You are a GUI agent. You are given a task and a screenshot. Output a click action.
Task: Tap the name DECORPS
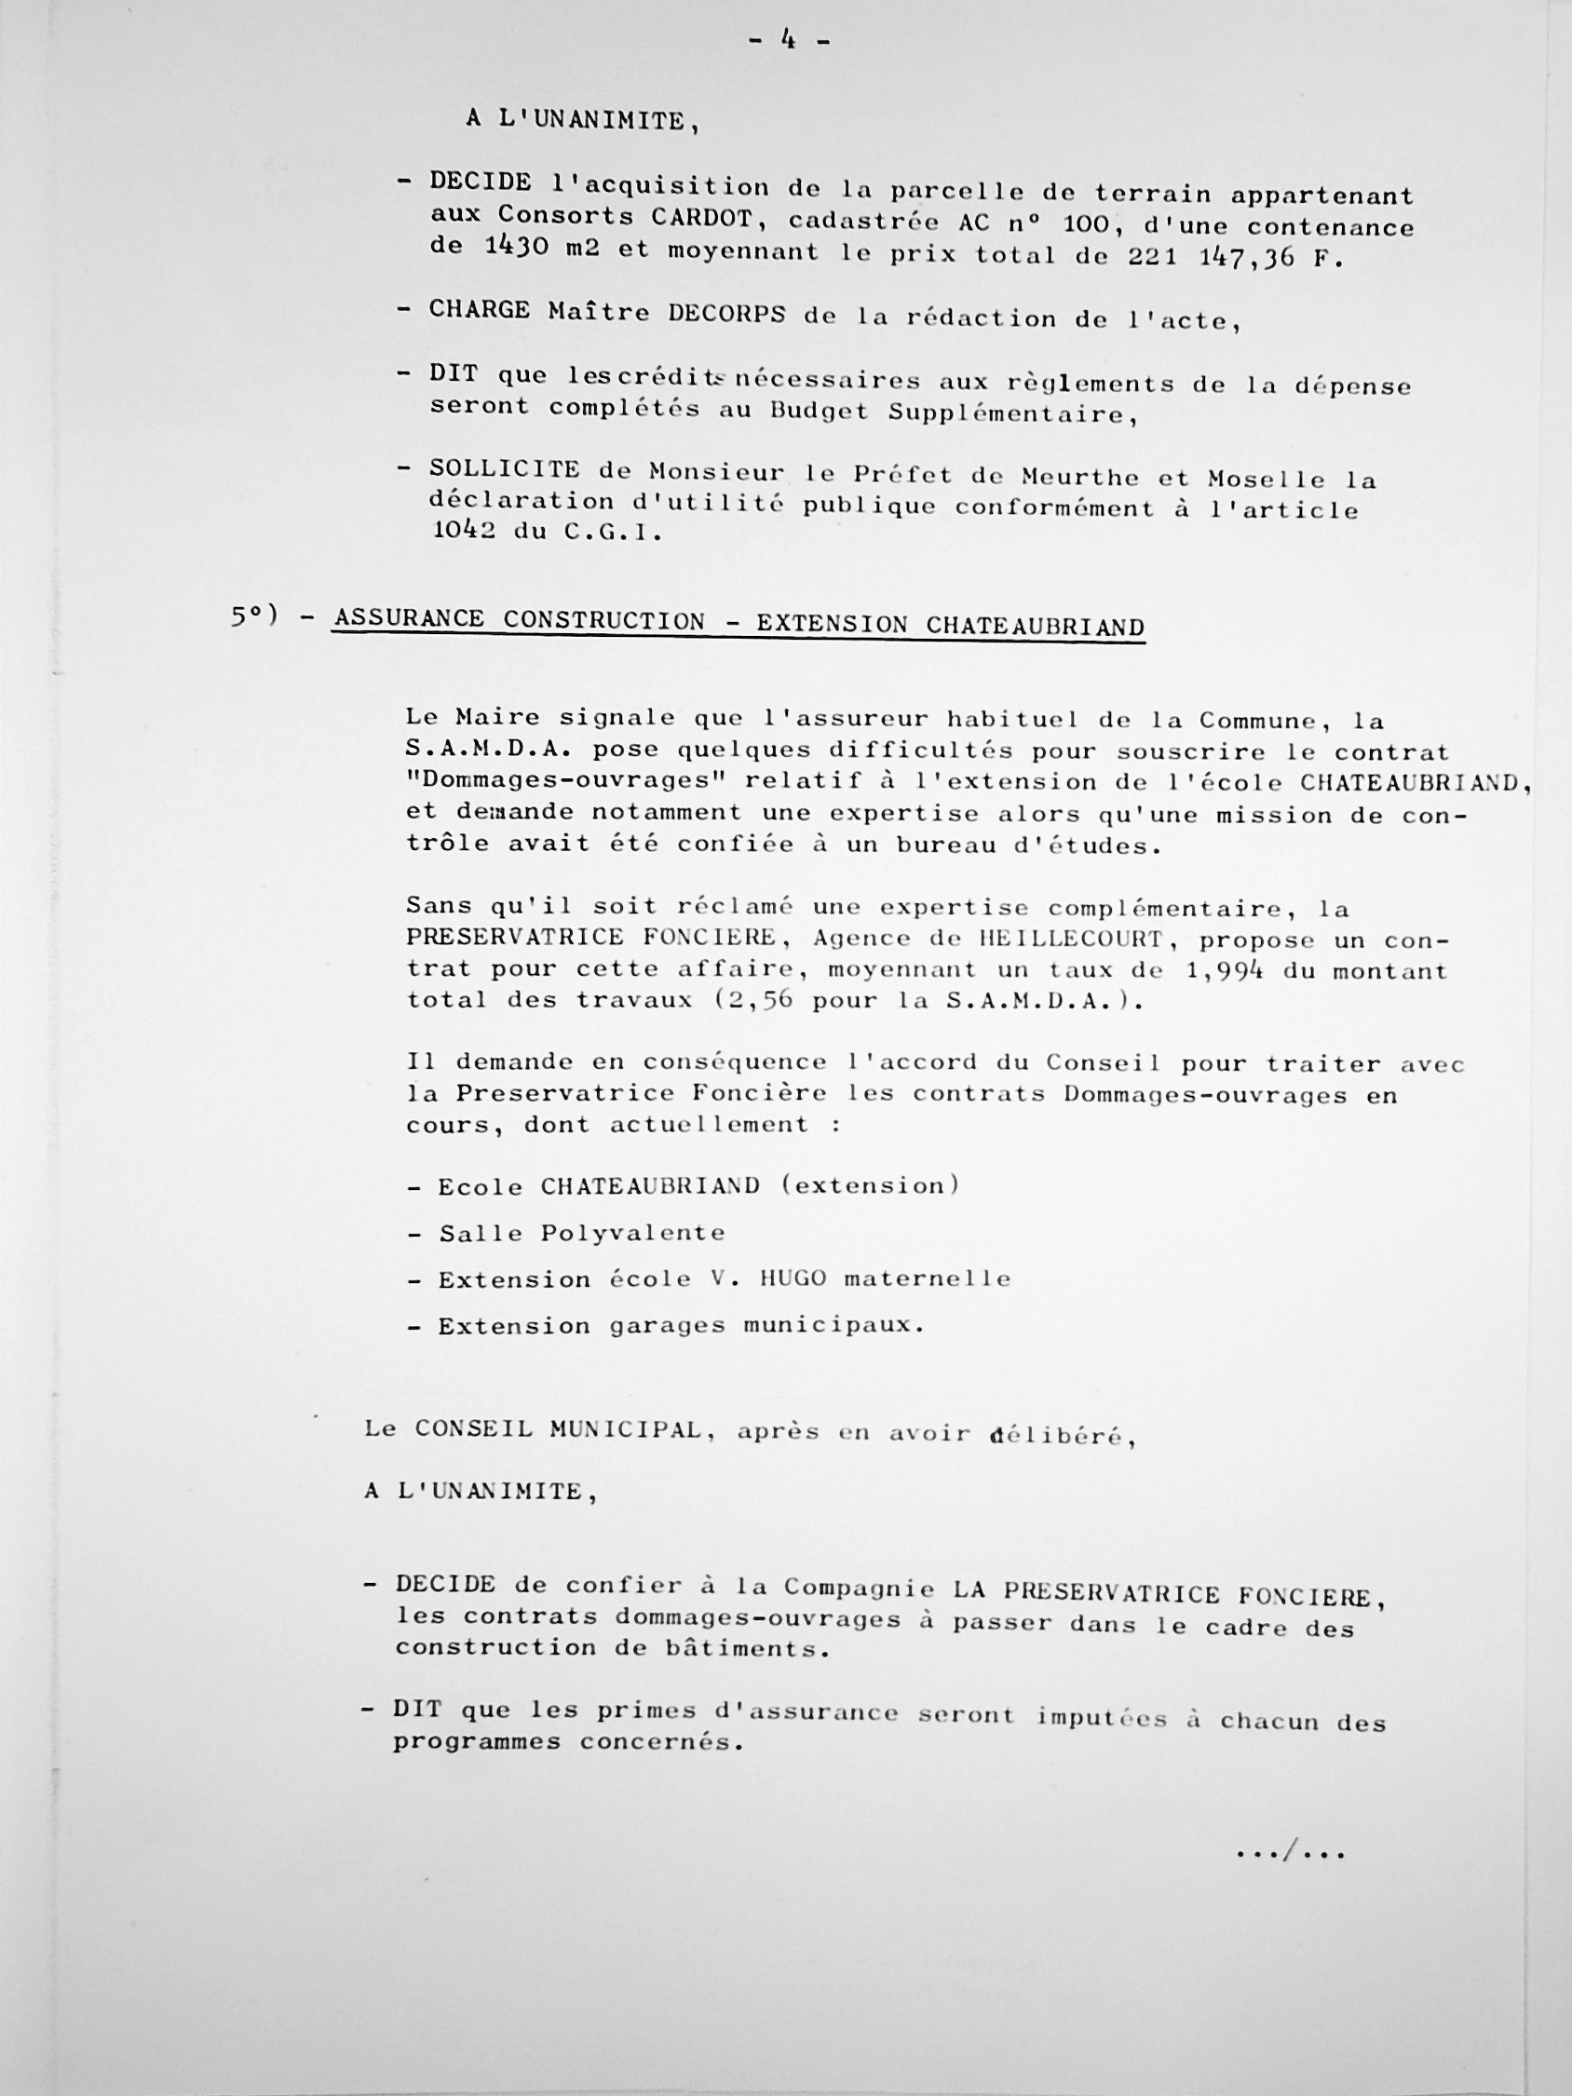(x=726, y=314)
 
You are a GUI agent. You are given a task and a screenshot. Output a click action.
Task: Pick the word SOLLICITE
(x=503, y=468)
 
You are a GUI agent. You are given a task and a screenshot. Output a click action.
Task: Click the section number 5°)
(x=253, y=616)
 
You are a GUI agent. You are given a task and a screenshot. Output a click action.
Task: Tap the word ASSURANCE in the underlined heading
(x=410, y=619)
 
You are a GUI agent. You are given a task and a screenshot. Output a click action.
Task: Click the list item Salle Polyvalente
(x=581, y=1233)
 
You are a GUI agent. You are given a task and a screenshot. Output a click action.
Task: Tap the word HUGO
(x=793, y=1278)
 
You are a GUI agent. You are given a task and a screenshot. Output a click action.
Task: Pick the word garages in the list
(x=667, y=1325)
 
